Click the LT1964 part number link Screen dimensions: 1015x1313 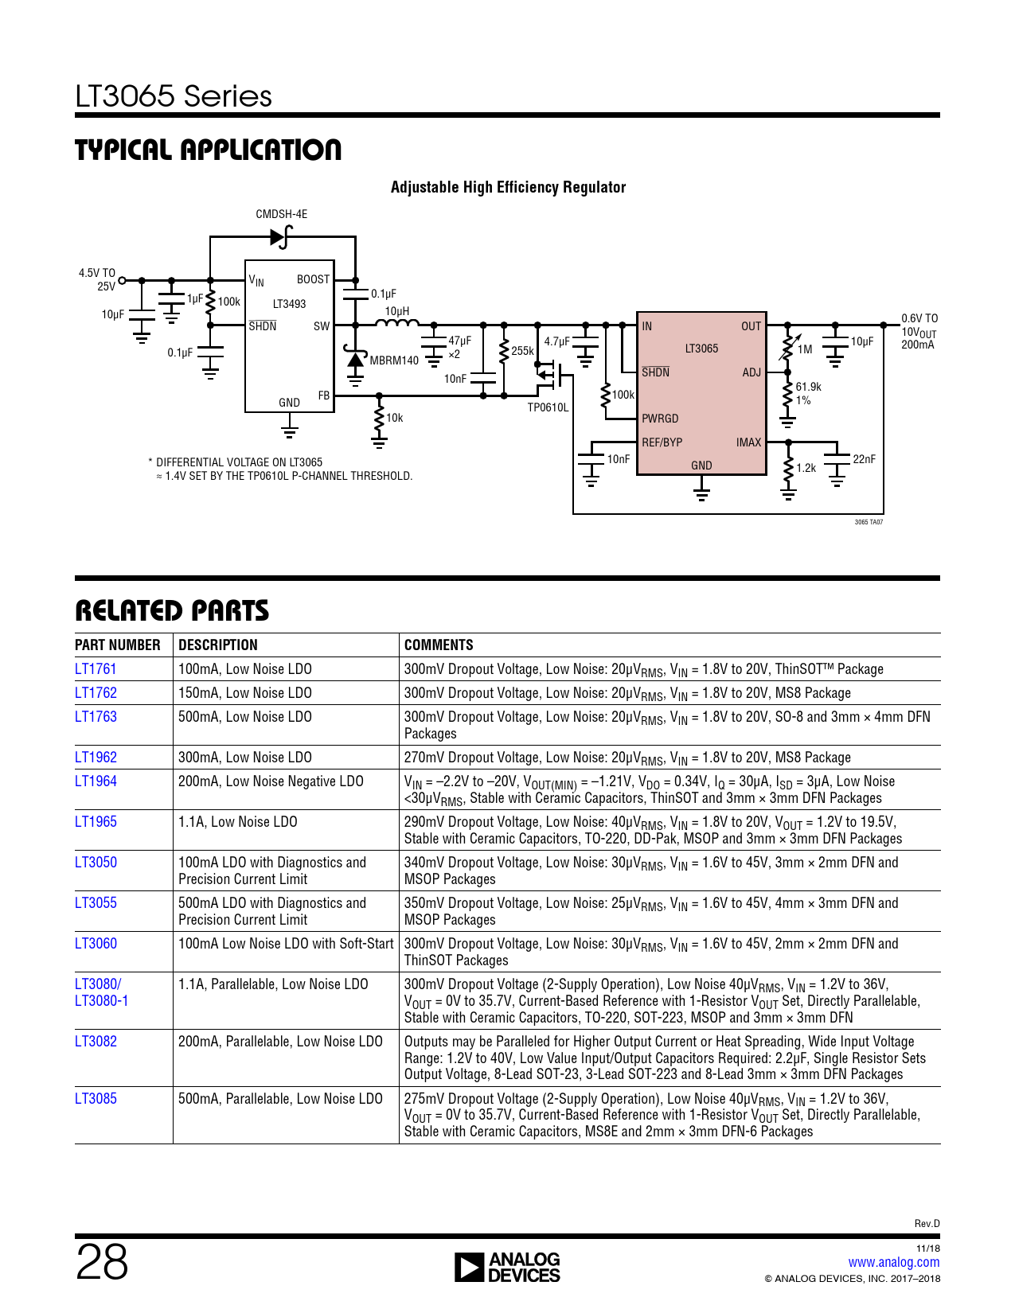(96, 781)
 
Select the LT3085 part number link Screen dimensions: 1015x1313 (96, 1098)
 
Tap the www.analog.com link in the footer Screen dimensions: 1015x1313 (893, 1261)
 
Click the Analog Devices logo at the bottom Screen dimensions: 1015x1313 (507, 1267)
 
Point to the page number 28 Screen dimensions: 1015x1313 (102, 1261)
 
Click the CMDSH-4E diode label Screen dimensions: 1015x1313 (281, 214)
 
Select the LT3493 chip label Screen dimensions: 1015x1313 (289, 304)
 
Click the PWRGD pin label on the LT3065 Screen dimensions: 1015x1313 (659, 418)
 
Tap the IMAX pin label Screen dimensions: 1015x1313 (748, 442)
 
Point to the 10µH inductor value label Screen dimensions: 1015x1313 (397, 311)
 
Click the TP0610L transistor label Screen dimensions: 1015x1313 (548, 407)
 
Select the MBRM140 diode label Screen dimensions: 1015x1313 (394, 360)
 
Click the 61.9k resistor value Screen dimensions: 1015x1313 (808, 387)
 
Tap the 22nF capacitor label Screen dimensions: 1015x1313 (864, 459)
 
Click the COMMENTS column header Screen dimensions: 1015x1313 (439, 645)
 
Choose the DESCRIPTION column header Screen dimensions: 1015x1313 (217, 645)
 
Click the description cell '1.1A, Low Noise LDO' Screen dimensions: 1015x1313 (237, 822)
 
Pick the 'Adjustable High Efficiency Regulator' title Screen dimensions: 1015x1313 (508, 187)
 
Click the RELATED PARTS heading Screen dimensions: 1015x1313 (172, 611)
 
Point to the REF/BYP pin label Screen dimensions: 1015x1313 (662, 442)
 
